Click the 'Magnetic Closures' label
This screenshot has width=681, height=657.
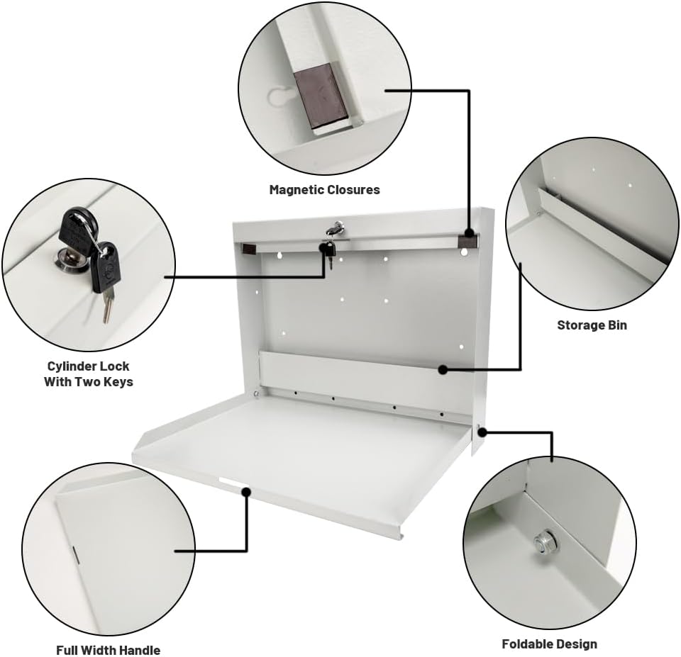324,190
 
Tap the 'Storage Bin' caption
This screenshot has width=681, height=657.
592,326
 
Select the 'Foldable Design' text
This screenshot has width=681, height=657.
549,644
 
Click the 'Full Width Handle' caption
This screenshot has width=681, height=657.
108,650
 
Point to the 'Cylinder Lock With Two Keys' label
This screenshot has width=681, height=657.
89,374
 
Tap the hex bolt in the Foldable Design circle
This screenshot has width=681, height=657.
545,544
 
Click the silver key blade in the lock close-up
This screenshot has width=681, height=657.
107,308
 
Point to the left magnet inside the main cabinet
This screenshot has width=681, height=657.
248,249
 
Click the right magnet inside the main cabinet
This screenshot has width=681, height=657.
467,242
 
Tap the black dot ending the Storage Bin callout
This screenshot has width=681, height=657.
442,369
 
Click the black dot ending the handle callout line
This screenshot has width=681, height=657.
246,490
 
